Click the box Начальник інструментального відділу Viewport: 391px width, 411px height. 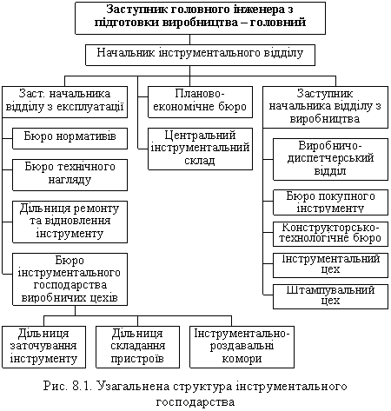pyautogui.click(x=200, y=55)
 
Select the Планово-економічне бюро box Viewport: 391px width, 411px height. pyautogui.click(x=200, y=102)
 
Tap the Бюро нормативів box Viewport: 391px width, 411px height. pyautogui.click(x=70, y=138)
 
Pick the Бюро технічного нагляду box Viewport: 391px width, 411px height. pyautogui.click(x=70, y=175)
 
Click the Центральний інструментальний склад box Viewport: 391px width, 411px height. pyautogui.click(x=200, y=149)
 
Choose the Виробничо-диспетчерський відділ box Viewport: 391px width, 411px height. pyautogui.click(x=330, y=159)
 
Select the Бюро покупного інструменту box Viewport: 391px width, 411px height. pyautogui.click(x=330, y=202)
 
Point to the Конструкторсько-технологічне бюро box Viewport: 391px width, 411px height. pyautogui.click(x=330, y=234)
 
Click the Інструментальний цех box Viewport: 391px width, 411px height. pyautogui.click(x=330, y=265)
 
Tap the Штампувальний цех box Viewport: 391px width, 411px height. pyautogui.click(x=330, y=296)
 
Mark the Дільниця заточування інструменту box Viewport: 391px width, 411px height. pyautogui.click(x=43, y=347)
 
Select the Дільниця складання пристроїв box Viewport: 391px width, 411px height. pyautogui.click(x=137, y=347)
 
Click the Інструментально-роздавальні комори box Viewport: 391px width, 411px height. pyautogui.click(x=242, y=347)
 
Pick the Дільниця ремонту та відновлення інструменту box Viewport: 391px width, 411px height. pyautogui.click(x=70, y=222)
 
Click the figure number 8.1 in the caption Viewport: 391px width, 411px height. pyautogui.click(x=83, y=387)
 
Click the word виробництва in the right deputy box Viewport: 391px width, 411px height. pyautogui.click(x=325, y=119)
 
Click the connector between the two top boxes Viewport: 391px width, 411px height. pyautogui.click(x=189, y=39)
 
